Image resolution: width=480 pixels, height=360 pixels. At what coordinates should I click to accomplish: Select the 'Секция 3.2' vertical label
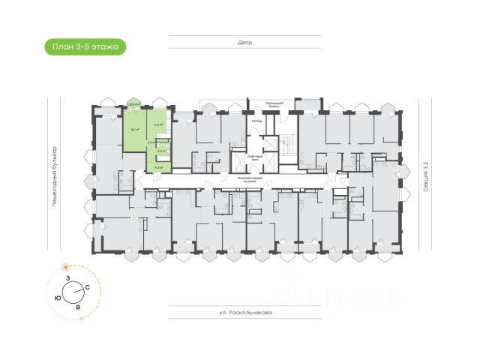(x=424, y=177)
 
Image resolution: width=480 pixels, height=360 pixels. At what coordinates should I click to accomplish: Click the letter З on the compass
(x=68, y=278)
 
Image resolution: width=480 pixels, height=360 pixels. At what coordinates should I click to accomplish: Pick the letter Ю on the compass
(x=58, y=297)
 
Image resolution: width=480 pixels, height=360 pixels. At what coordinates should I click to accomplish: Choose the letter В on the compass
(x=78, y=307)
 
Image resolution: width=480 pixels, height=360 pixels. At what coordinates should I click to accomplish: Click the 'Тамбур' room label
(x=256, y=121)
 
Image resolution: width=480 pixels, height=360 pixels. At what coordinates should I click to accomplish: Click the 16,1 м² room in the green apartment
(x=135, y=129)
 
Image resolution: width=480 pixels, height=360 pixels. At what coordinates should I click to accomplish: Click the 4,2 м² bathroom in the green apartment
(x=160, y=151)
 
